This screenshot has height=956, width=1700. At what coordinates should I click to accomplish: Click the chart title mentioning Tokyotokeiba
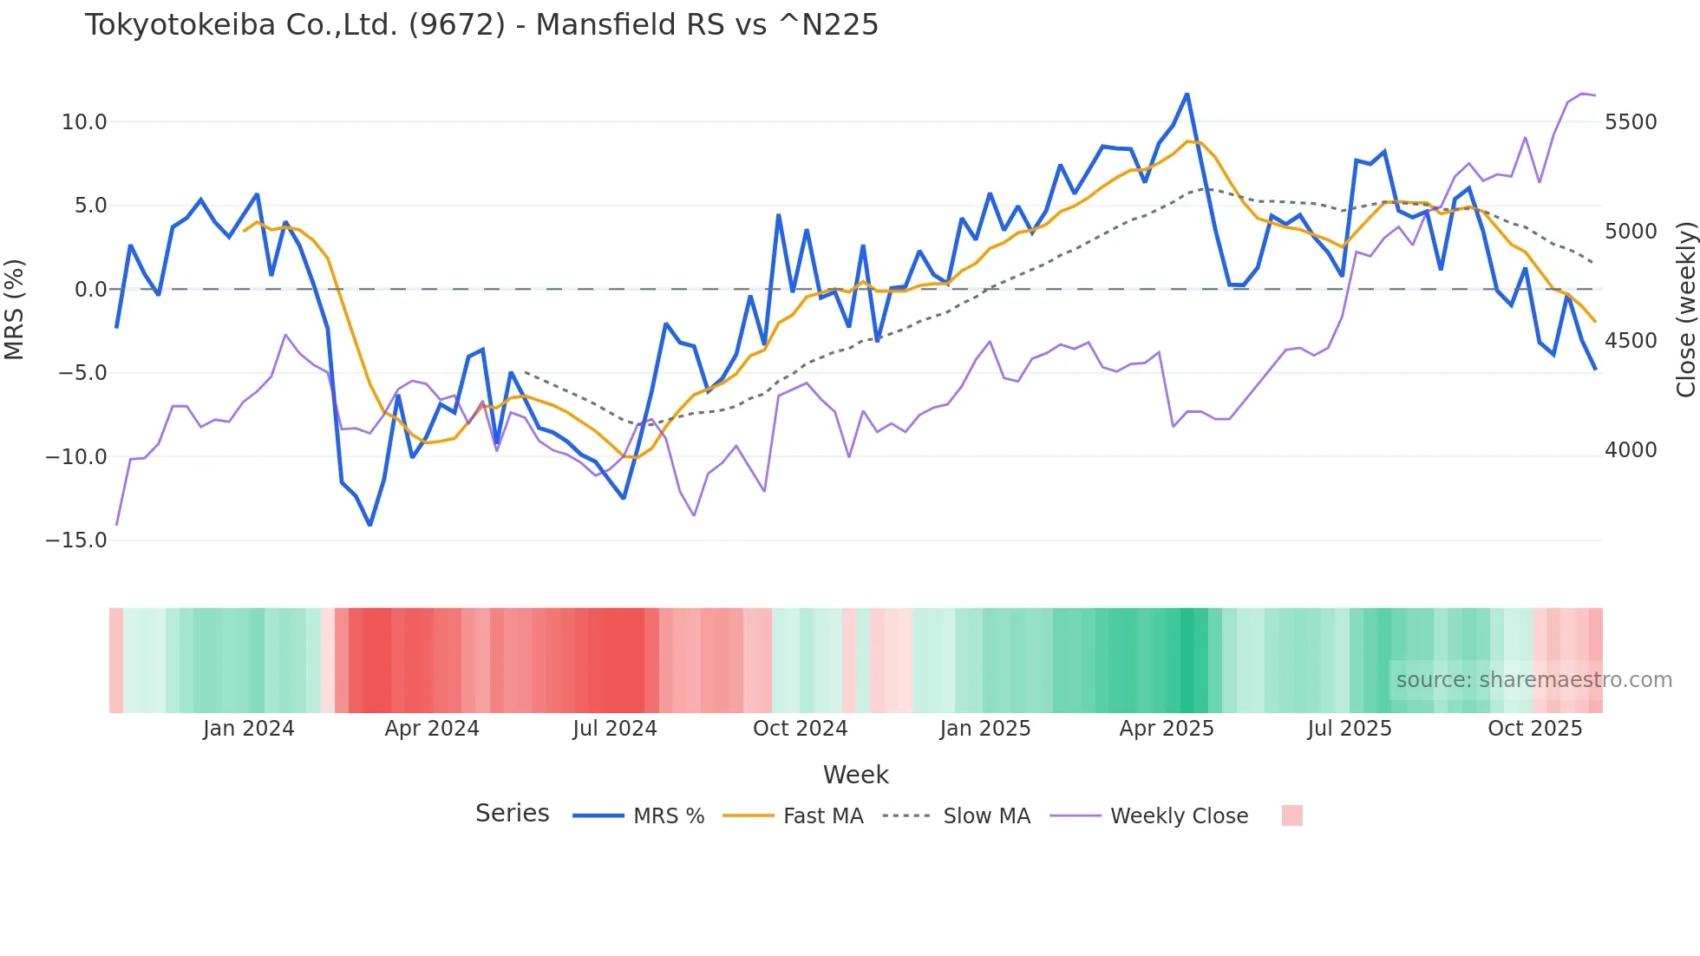[481, 25]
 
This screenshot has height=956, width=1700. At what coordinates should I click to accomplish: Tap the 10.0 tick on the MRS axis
[84, 122]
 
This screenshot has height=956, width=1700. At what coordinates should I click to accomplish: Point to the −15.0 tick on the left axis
[76, 540]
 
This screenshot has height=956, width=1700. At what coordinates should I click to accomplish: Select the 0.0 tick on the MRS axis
[90, 290]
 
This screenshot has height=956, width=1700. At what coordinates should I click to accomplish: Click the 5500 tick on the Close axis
[1631, 122]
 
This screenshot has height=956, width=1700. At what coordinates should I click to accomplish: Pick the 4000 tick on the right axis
[1631, 450]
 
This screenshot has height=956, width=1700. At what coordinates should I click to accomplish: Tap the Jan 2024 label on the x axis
[249, 729]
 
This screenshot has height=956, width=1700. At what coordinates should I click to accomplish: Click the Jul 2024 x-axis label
[615, 729]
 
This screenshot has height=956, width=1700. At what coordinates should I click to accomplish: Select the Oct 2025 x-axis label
[1535, 729]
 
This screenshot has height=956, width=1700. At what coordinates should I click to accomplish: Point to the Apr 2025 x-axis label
[1167, 729]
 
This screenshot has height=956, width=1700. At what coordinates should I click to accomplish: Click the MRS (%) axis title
[15, 310]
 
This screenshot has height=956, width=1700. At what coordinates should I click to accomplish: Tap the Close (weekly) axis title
[1685, 310]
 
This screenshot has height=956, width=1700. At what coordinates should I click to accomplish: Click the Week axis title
[855, 775]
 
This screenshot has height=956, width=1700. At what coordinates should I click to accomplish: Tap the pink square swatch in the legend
[1292, 815]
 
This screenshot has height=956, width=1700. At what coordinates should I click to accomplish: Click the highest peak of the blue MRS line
[1187, 94]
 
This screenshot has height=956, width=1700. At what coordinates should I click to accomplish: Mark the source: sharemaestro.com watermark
[1533, 680]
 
